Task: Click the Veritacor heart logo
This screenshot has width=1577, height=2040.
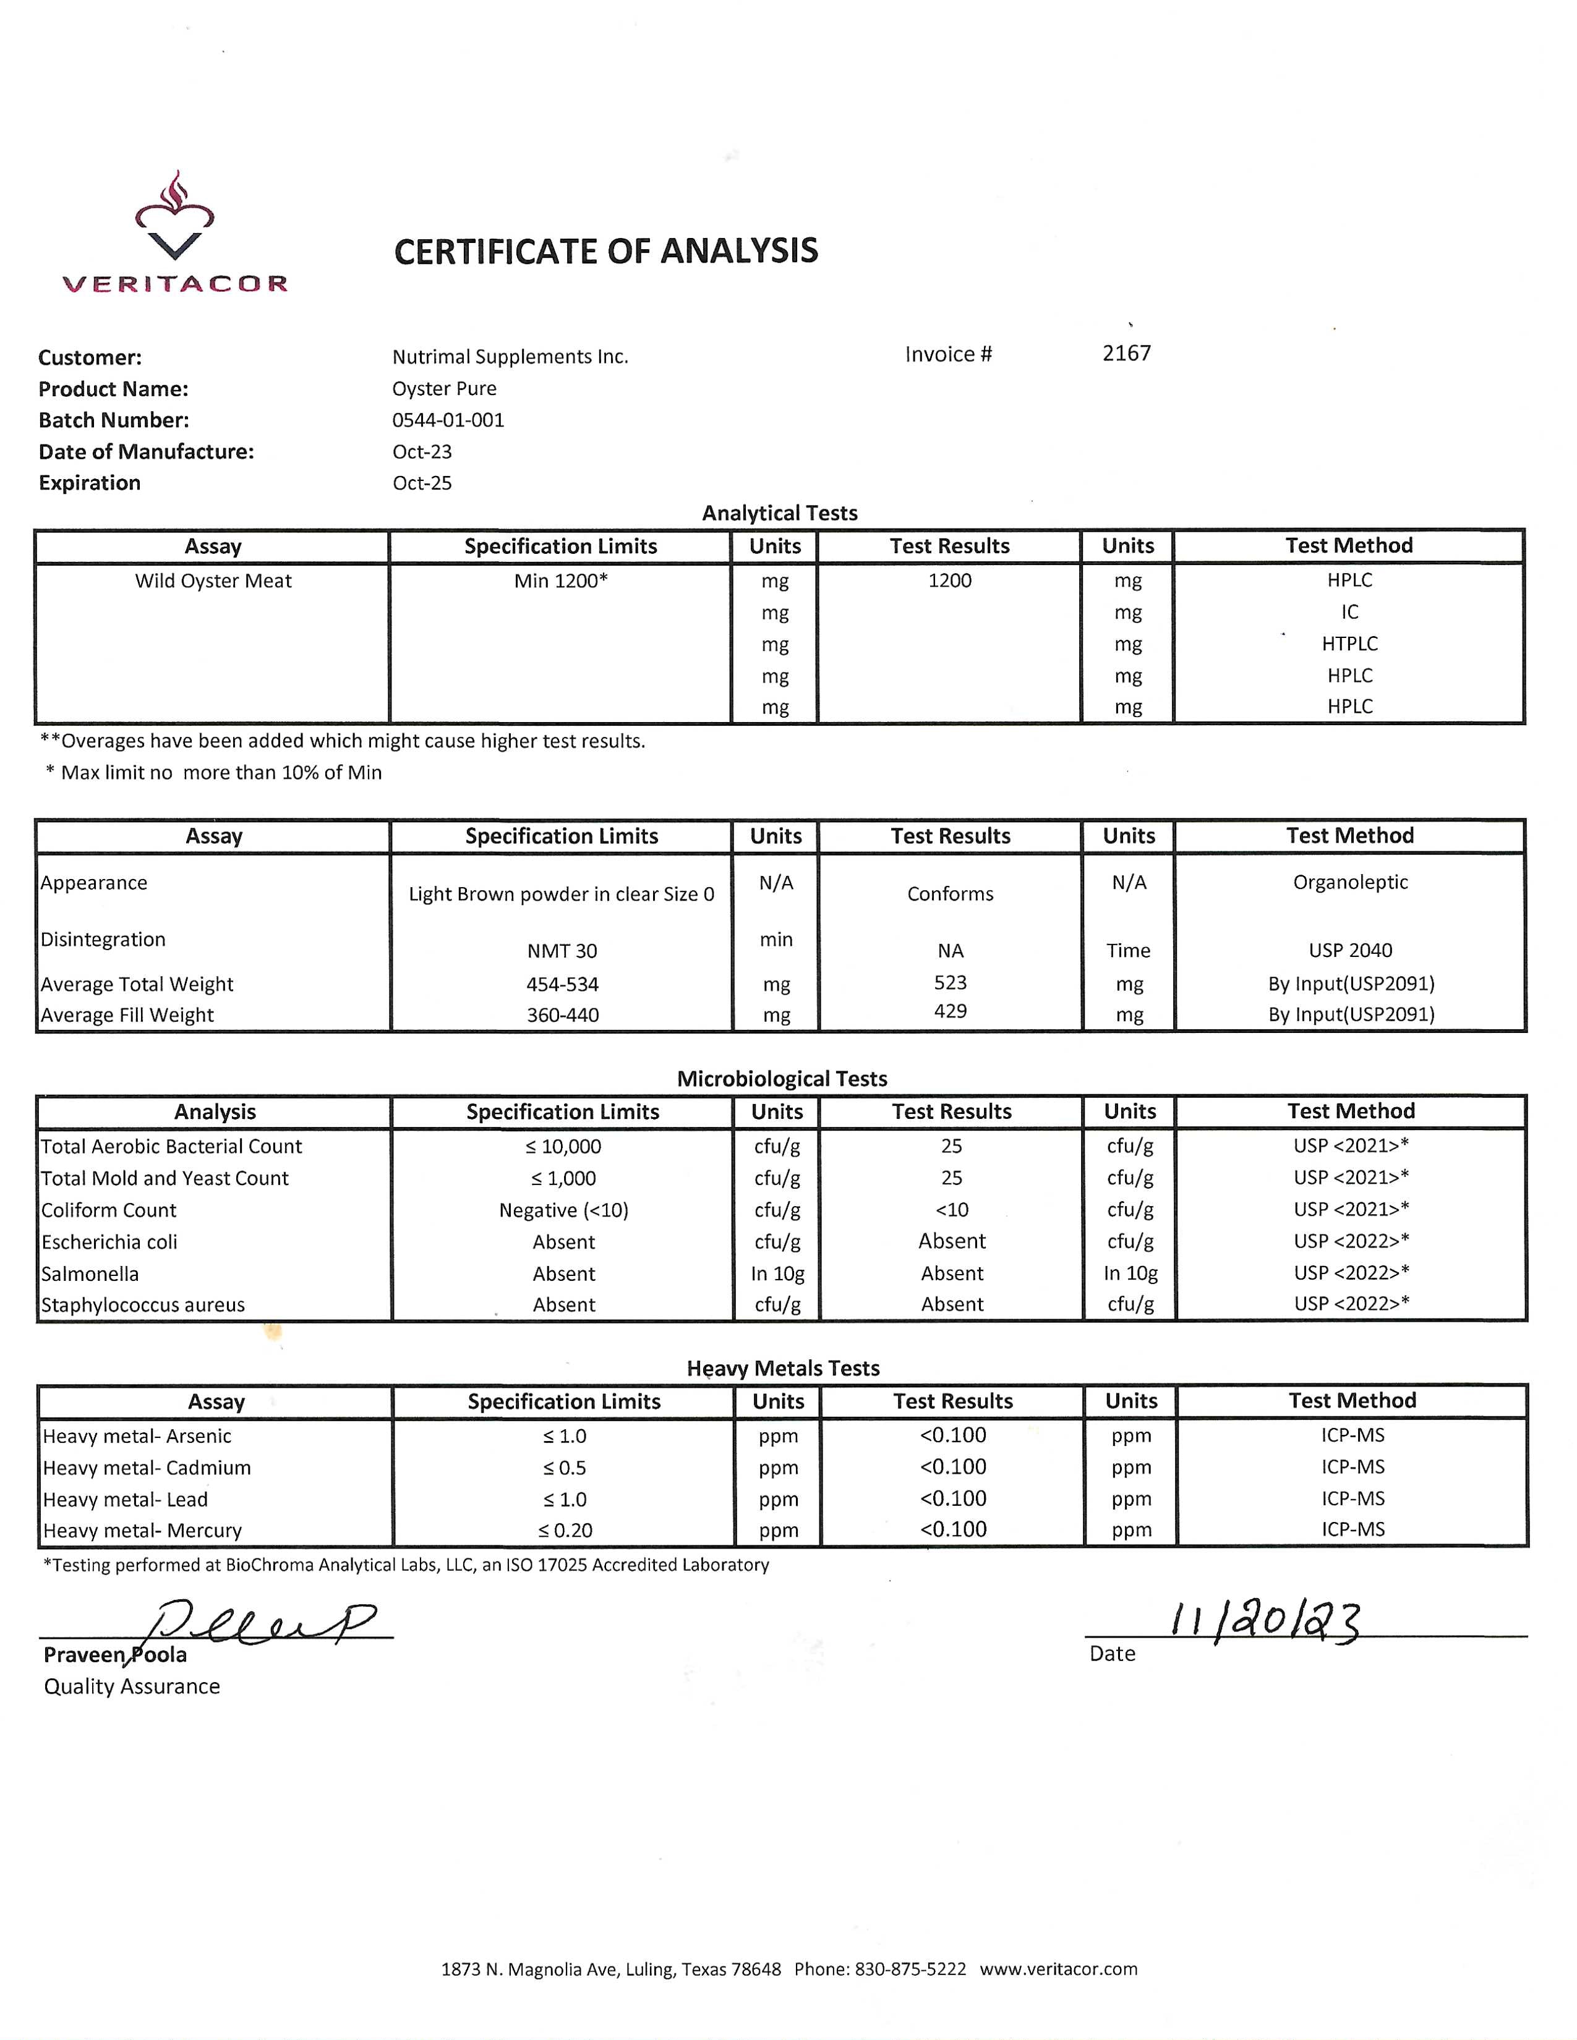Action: coord(174,218)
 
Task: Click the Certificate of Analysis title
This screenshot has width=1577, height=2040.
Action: coord(605,251)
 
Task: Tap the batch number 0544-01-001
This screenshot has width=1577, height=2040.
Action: coord(448,420)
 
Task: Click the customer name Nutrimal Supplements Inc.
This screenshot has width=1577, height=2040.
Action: coord(510,357)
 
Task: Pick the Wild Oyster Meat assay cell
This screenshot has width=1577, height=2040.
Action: coord(213,581)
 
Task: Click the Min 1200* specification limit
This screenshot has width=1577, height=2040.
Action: coord(560,581)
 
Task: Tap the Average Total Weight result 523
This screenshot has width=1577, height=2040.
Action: coord(950,983)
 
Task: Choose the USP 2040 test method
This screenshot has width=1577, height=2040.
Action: coord(1350,951)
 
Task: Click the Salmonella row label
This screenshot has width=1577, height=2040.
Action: coord(90,1274)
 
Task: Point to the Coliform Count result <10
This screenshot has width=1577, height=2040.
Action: coord(952,1210)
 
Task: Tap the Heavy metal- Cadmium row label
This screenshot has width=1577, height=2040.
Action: coord(147,1468)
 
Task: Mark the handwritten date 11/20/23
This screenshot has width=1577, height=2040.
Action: coord(1266,1623)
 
